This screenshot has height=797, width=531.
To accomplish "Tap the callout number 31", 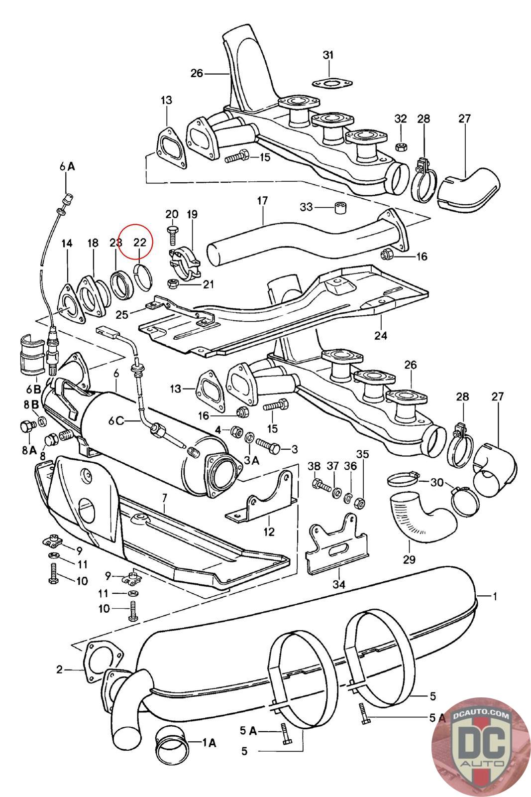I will coord(327,55).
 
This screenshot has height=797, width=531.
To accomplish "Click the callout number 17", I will coord(262,201).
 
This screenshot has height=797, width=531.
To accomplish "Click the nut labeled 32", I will coord(399,146).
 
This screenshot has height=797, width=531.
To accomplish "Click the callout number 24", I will coord(380,335).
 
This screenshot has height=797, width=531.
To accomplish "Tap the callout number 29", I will coord(409,559).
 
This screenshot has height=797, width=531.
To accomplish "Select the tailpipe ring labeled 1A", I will coord(172,743).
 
